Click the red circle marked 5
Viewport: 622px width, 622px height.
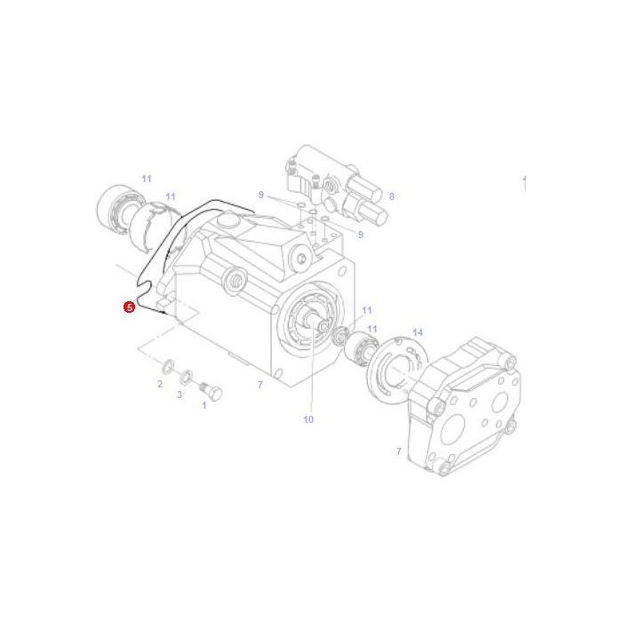pyautogui.click(x=130, y=307)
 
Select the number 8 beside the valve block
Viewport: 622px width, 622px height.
pyautogui.click(x=391, y=196)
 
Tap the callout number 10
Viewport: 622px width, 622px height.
pyautogui.click(x=308, y=419)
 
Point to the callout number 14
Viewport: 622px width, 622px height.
pyautogui.click(x=418, y=333)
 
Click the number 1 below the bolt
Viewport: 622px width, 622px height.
pyautogui.click(x=204, y=406)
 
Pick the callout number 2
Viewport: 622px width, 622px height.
pyautogui.click(x=160, y=384)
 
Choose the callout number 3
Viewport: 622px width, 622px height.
pyautogui.click(x=179, y=395)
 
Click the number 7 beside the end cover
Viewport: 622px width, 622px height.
pyautogui.click(x=399, y=452)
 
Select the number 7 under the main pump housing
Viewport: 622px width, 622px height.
pyautogui.click(x=259, y=385)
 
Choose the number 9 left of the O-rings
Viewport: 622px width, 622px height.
pyautogui.click(x=261, y=195)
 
